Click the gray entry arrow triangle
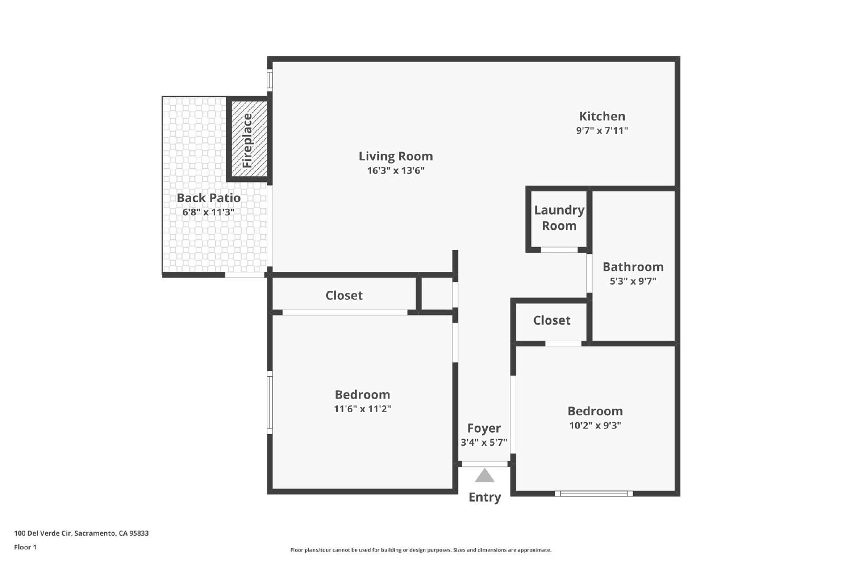485,475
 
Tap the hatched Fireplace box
249,139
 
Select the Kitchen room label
602,116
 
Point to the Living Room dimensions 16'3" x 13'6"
396,170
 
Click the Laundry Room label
559,218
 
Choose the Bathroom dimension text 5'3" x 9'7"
633,281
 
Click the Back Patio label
208,198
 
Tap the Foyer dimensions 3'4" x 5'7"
484,442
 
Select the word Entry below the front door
485,497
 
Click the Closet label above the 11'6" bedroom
344,295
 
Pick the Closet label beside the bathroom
552,320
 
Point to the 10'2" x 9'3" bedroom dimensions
595,425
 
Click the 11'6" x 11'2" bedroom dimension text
363,409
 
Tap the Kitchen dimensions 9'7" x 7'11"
602,131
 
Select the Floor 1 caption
25,547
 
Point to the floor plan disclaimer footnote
420,550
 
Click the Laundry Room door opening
559,250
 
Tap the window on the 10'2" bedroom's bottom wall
594,494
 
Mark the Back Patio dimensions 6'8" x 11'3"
208,212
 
